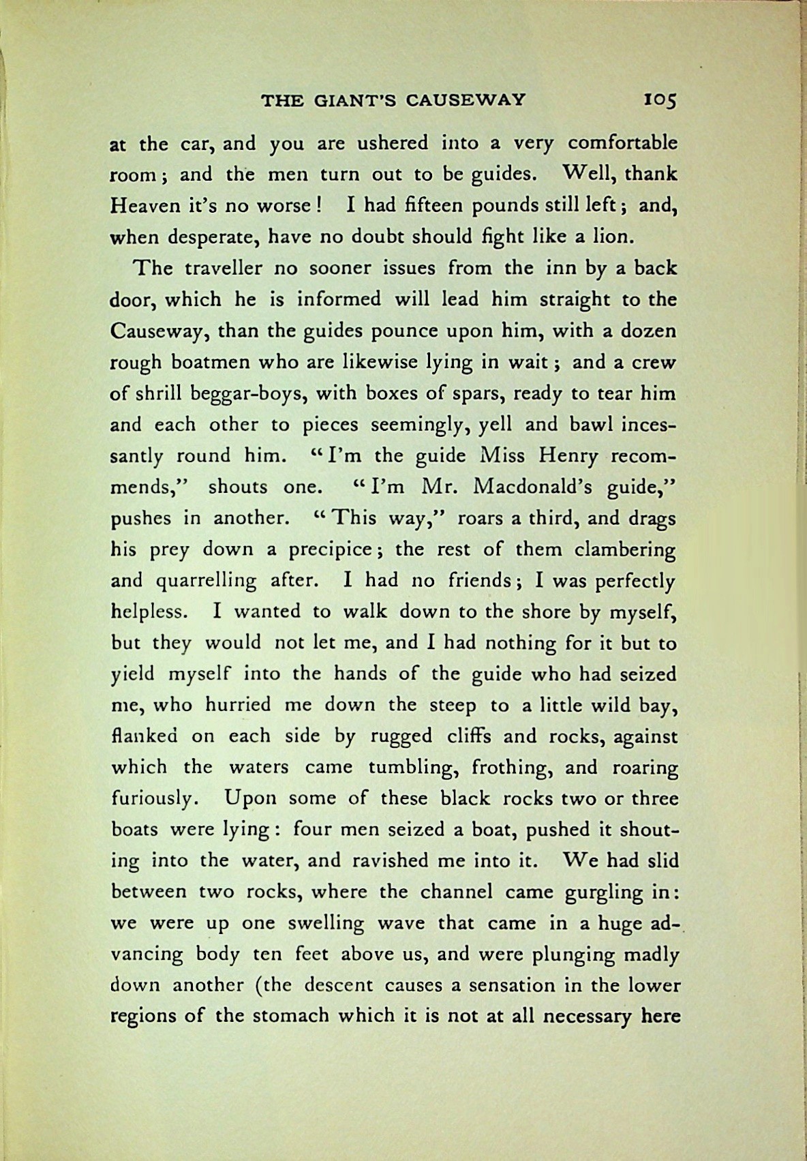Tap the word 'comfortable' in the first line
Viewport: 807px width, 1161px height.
click(622, 144)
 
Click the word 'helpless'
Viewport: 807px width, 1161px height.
click(147, 612)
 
